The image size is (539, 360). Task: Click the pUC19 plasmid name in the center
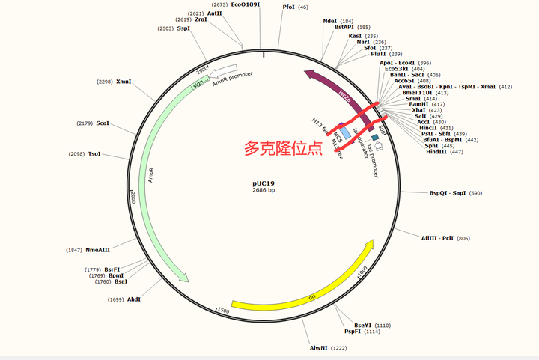click(x=264, y=182)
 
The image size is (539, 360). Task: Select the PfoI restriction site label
click(x=288, y=7)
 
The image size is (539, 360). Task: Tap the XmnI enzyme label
click(x=124, y=82)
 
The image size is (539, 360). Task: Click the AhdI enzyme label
click(x=134, y=299)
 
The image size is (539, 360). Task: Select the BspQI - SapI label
click(x=447, y=193)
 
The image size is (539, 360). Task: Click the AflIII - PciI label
click(x=436, y=238)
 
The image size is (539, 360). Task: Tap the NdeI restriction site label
click(x=329, y=21)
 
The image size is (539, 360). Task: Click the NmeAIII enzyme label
click(x=98, y=250)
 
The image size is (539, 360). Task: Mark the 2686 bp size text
click(x=264, y=191)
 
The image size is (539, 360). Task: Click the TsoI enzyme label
click(x=94, y=154)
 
